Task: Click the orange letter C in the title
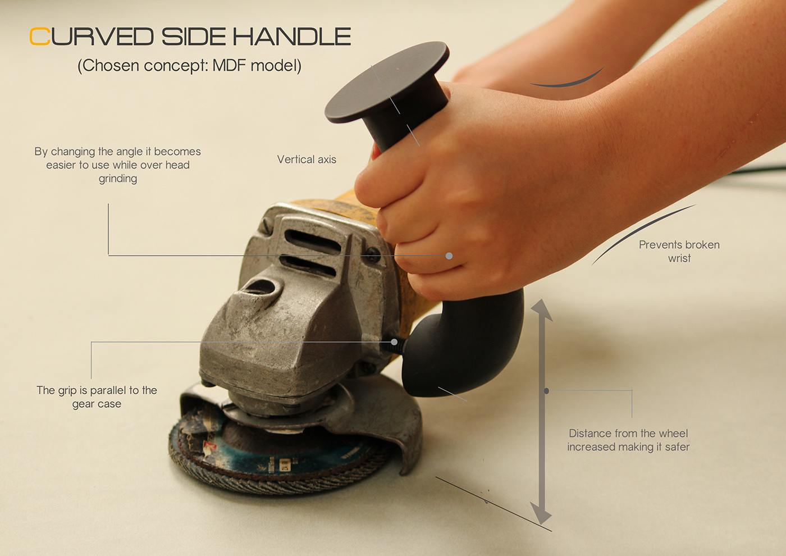point(40,36)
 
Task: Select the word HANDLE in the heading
point(292,37)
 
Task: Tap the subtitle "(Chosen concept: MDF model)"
point(190,66)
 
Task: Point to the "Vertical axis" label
point(307,159)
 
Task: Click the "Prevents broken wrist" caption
point(679,252)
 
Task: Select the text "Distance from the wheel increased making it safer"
point(628,440)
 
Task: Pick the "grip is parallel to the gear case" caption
point(97,397)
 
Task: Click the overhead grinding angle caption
point(117,165)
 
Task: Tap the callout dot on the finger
point(449,256)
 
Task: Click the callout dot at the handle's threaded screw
point(394,342)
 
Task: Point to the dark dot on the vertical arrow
point(546,391)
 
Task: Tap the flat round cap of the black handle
point(387,83)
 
